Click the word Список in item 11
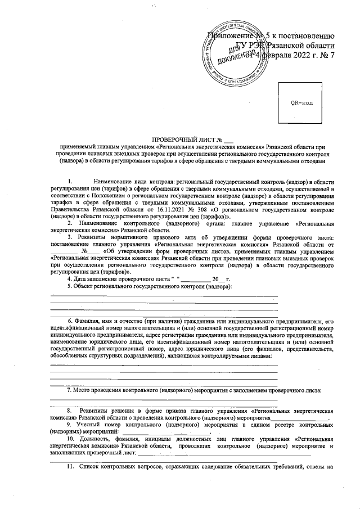[92, 466]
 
